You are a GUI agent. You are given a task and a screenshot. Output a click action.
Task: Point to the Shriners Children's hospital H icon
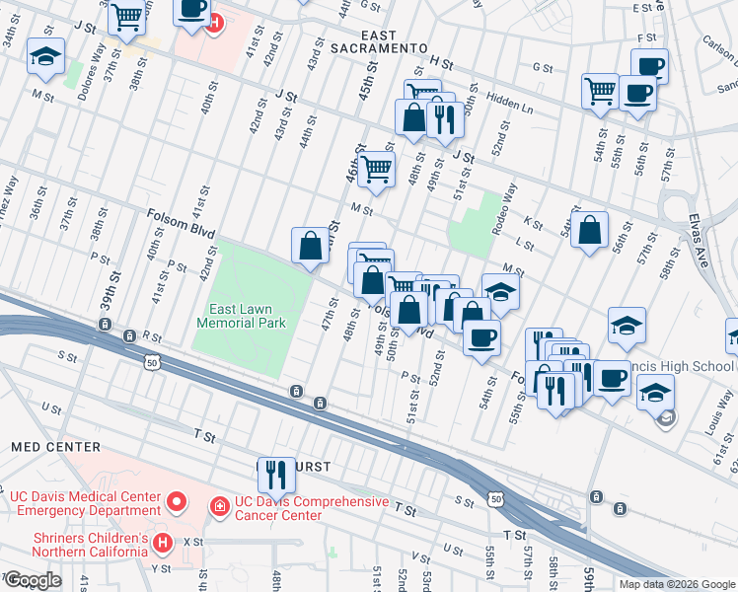tap(164, 542)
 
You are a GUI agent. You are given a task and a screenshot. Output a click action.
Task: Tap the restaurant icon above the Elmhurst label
tap(276, 474)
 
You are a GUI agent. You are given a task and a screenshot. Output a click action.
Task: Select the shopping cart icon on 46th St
tap(376, 169)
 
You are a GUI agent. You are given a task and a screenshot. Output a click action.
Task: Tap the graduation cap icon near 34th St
tap(45, 56)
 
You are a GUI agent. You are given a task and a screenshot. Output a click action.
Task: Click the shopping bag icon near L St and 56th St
tap(589, 231)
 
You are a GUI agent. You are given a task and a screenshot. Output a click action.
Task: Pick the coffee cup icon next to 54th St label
tap(481, 337)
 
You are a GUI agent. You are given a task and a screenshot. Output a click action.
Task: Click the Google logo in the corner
tap(33, 580)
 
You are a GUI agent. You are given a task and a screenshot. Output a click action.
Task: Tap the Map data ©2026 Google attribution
tap(676, 584)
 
